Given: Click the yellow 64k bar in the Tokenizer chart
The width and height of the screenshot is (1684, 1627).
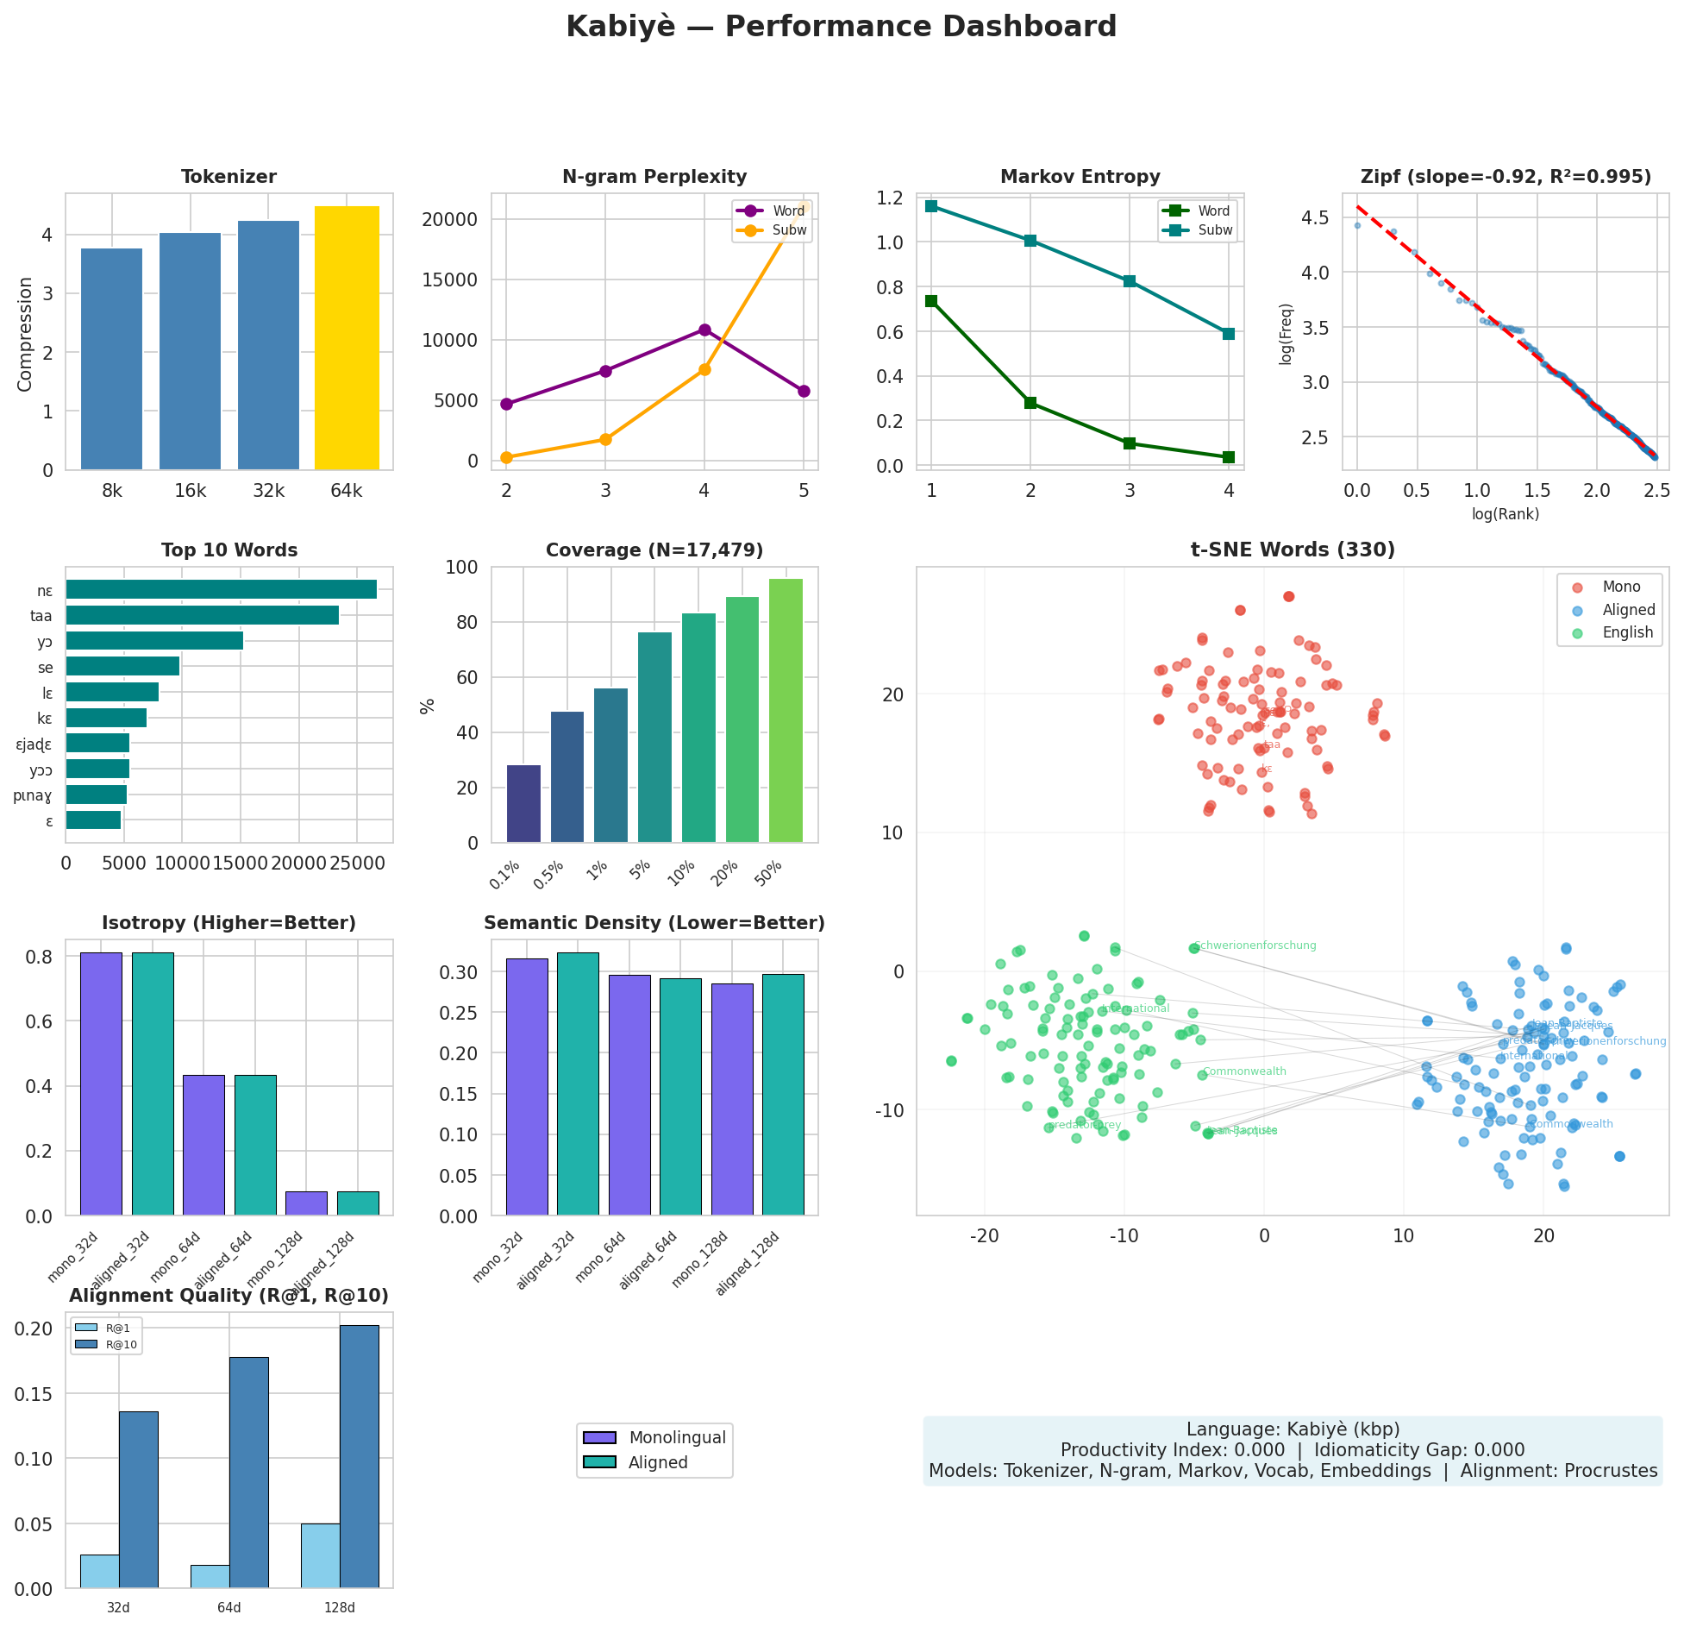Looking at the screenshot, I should coord(347,338).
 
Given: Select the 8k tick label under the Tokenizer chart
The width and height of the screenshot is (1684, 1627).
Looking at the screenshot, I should coord(112,492).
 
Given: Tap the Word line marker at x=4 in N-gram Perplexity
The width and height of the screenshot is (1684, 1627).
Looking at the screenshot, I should coord(704,330).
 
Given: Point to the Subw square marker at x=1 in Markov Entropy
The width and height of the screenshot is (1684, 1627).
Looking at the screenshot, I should coord(931,206).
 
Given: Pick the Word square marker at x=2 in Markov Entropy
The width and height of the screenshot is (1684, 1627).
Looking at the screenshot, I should coord(1030,403).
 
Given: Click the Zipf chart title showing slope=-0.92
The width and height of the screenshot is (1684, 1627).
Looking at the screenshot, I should coord(1506,177).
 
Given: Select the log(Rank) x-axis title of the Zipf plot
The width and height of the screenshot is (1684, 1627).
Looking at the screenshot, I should coord(1506,514).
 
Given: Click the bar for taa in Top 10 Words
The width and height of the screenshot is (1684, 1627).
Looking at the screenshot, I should coord(202,615).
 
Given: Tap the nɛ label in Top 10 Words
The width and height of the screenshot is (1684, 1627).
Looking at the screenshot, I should coord(45,591).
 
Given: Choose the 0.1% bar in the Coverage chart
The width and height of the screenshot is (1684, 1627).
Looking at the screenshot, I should coord(523,803).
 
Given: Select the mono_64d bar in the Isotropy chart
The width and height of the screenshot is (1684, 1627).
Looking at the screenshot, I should coord(203,1145).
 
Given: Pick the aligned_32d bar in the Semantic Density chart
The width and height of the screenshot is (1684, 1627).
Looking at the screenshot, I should coord(578,1084).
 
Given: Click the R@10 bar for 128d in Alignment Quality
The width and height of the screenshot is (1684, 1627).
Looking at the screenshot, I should coord(359,1456).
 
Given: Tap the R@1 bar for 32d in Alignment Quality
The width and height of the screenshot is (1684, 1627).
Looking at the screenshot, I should coord(99,1571).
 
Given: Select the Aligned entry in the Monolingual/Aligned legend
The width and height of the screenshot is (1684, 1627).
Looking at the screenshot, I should coord(657,1462).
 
